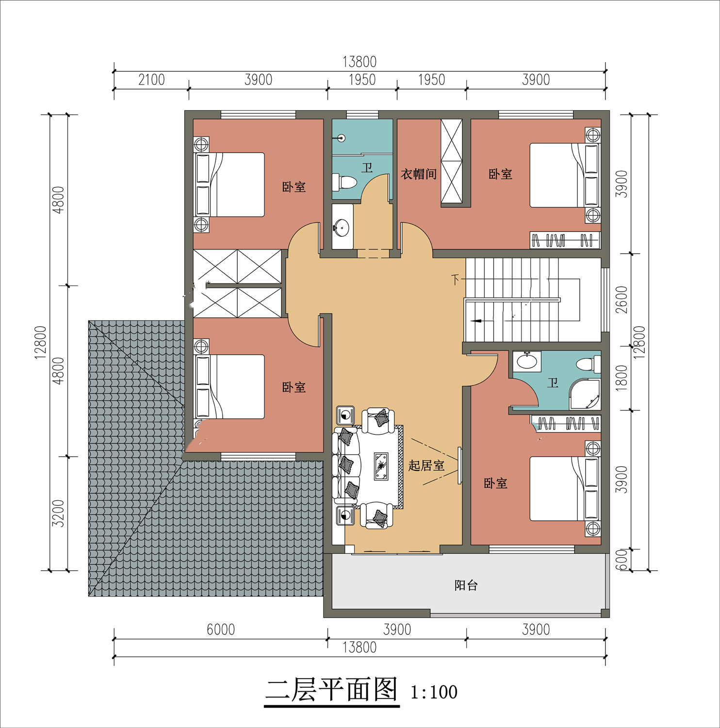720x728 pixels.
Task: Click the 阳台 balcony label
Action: pos(466,585)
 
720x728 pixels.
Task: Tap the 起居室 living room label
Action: pos(426,465)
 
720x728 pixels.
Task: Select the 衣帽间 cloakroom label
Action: pos(419,174)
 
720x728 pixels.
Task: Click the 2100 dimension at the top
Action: pos(151,80)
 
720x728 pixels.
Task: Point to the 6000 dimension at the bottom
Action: pos(221,629)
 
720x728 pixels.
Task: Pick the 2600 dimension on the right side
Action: pos(622,299)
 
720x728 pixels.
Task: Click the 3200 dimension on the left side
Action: pos(58,513)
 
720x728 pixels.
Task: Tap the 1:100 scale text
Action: pos(434,692)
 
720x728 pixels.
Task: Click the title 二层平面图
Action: pos(332,689)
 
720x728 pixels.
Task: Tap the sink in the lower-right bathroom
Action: pos(527,361)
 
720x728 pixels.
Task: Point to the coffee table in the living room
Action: pos(381,466)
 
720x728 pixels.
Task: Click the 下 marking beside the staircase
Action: pos(455,280)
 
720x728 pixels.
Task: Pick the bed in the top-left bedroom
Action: pos(229,184)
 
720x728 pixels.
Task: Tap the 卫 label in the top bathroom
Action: pos(367,167)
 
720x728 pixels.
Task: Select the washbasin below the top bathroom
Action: pos(342,227)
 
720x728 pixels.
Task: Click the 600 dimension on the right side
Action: pos(622,560)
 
